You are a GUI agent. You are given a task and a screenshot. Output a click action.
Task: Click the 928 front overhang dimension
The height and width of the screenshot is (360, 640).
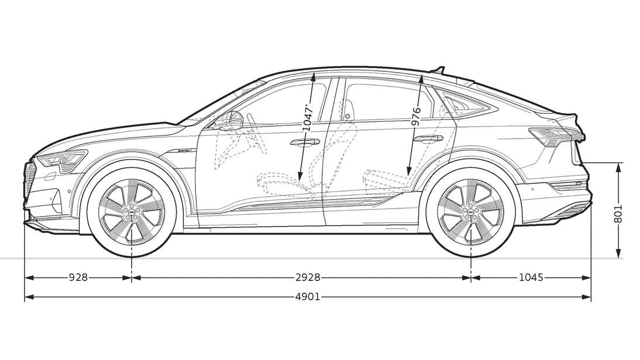coord(78,277)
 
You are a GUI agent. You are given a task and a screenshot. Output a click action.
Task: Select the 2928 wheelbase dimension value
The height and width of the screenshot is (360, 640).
coord(308,277)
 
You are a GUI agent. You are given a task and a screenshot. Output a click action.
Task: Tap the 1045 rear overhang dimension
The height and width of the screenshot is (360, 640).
coord(531,277)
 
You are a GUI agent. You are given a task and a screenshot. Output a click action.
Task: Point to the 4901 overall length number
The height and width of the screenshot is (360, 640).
coord(308,296)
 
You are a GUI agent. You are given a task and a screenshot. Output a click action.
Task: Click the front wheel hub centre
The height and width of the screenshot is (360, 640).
coord(132,212)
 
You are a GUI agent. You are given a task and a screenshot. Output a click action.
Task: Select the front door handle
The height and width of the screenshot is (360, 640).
coord(305,142)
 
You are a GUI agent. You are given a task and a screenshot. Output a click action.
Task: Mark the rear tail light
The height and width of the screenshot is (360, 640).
coord(556,136)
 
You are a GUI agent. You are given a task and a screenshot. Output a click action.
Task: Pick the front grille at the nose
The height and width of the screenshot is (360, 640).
coord(29,179)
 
